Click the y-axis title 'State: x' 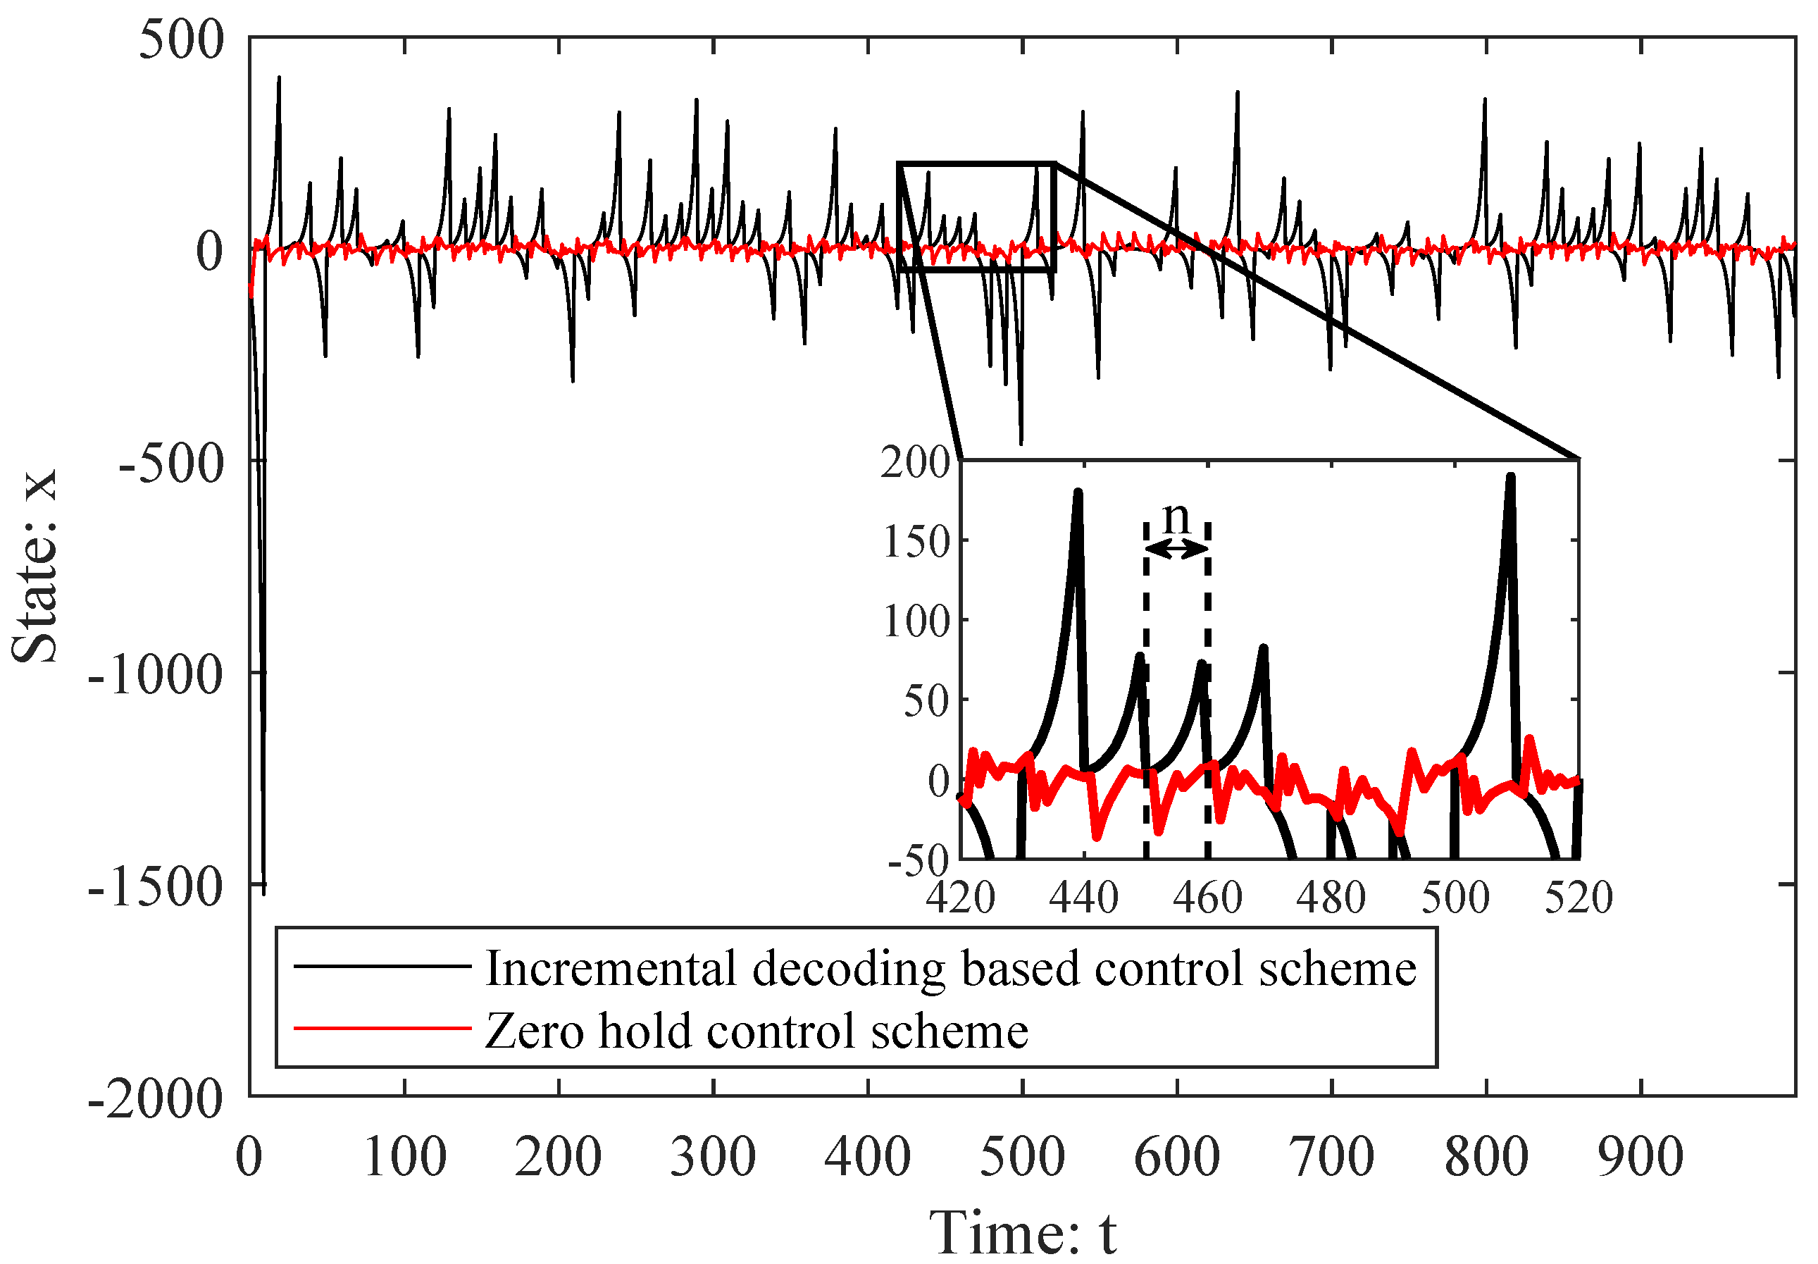pyautogui.click(x=36, y=566)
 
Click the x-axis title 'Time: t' pyautogui.click(x=1022, y=1232)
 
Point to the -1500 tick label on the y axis pyautogui.click(x=155, y=886)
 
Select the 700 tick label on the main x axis pyautogui.click(x=1332, y=1157)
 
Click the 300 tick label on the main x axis pyautogui.click(x=713, y=1157)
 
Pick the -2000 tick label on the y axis pyautogui.click(x=155, y=1099)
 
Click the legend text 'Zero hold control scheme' pyautogui.click(x=757, y=1031)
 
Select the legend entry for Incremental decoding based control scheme pyautogui.click(x=950, y=969)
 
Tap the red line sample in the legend pyautogui.click(x=382, y=1029)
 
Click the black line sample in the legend pyautogui.click(x=382, y=966)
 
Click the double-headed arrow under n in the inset pyautogui.click(x=1176, y=548)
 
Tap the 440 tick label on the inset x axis pyautogui.click(x=1084, y=898)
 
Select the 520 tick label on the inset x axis pyautogui.click(x=1578, y=898)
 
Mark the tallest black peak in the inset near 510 pyautogui.click(x=1510, y=478)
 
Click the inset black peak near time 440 pyautogui.click(x=1078, y=492)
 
